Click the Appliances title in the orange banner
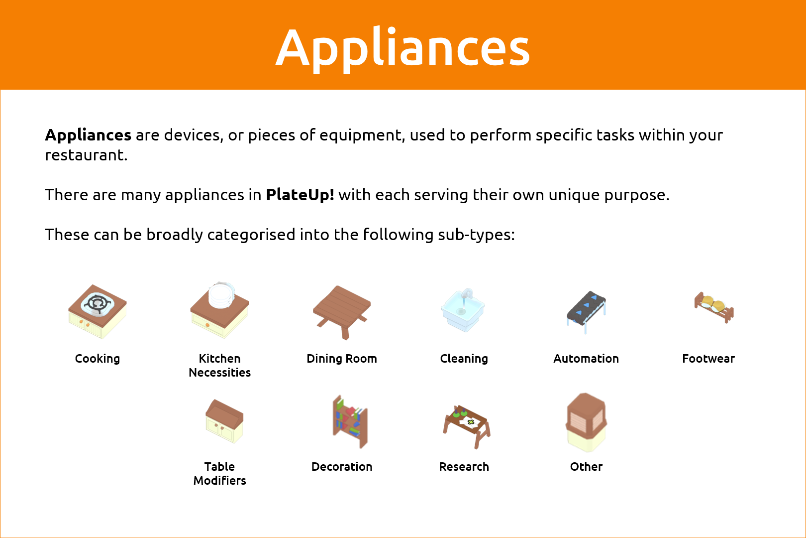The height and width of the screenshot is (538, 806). [x=403, y=49]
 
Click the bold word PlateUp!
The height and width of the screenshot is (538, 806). [x=300, y=195]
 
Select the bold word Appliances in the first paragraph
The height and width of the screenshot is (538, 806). [x=88, y=135]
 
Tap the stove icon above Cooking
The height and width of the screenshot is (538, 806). [x=97, y=312]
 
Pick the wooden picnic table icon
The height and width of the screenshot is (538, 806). [x=342, y=312]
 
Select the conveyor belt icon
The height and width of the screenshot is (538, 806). [x=586, y=312]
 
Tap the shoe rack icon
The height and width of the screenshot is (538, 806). [x=714, y=307]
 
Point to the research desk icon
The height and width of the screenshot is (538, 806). [x=466, y=426]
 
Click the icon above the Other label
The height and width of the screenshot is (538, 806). [x=586, y=422]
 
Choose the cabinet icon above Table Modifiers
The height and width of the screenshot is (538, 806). [x=224, y=421]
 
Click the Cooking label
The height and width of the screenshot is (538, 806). [x=97, y=359]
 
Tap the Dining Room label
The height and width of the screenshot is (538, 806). [x=342, y=359]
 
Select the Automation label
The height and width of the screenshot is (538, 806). [x=586, y=359]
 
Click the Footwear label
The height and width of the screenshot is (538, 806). [x=708, y=359]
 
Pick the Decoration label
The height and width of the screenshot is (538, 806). [x=342, y=467]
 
